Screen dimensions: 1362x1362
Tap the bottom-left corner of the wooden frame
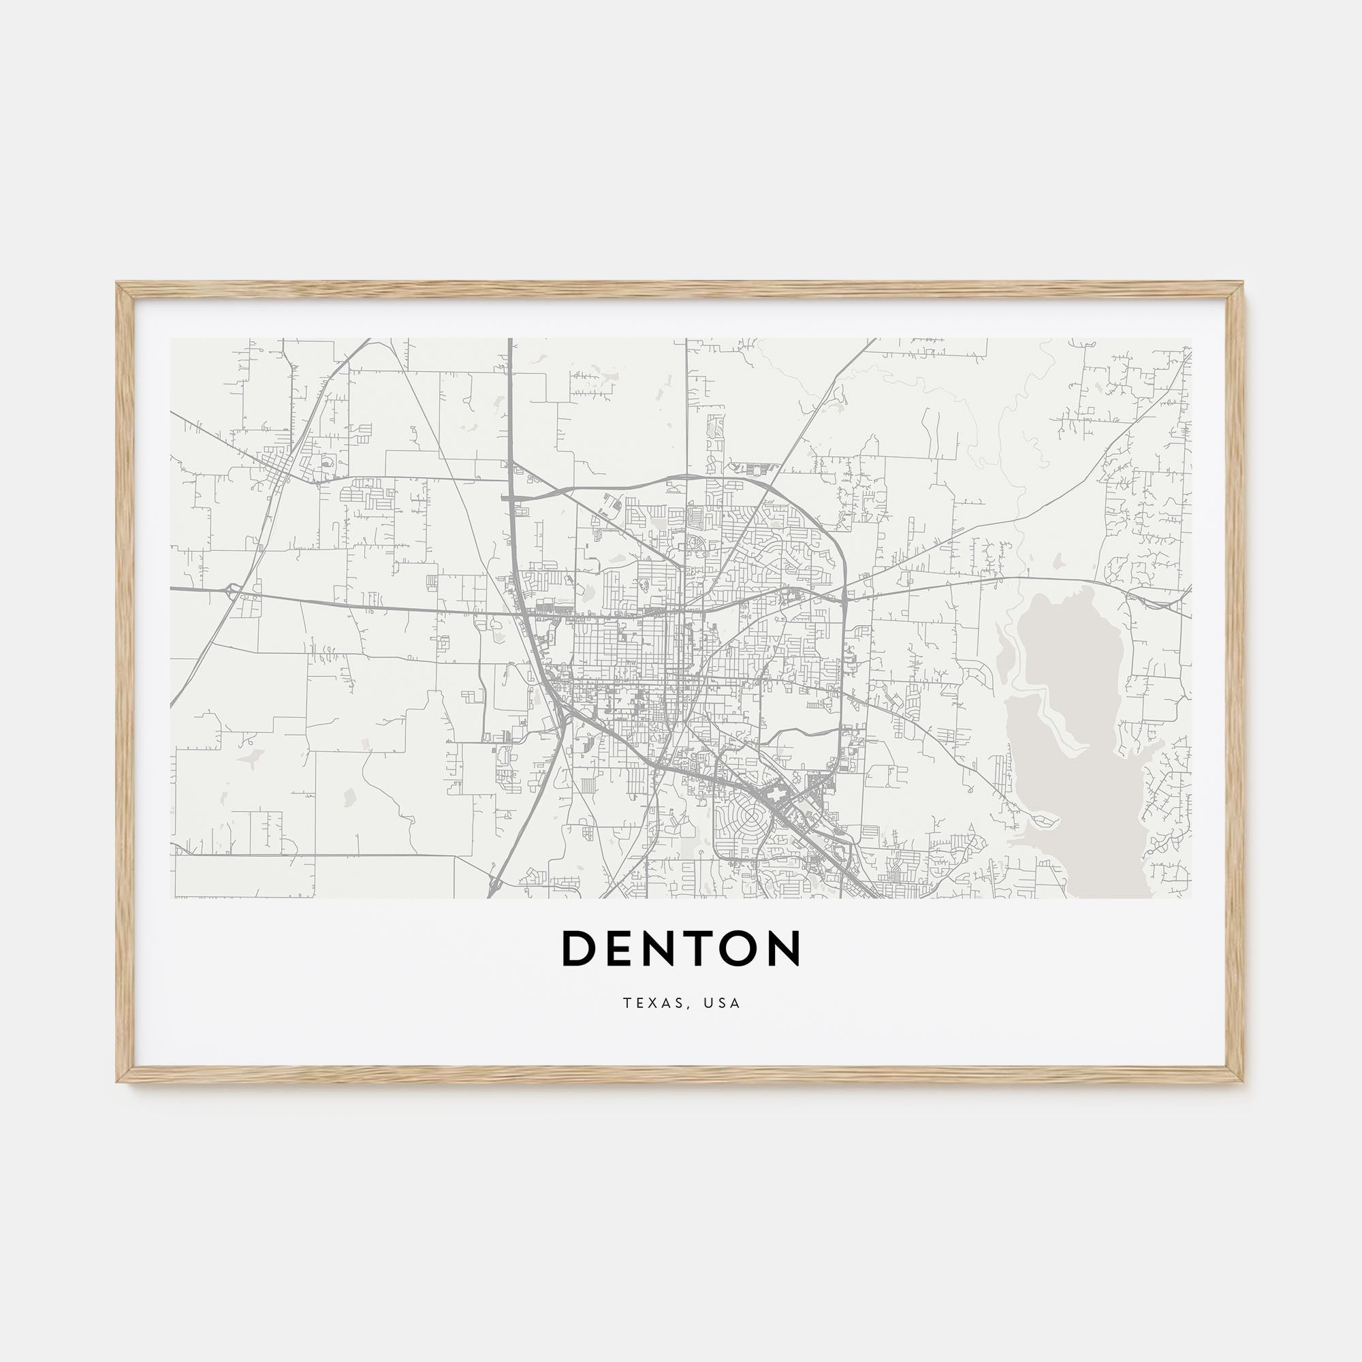[118, 1080]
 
